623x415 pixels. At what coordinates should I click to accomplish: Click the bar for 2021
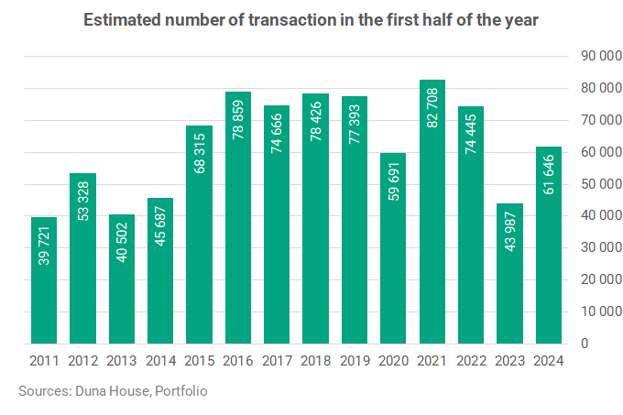(x=432, y=212)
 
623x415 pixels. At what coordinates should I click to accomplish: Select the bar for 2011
(x=44, y=280)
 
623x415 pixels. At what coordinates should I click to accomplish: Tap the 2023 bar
(x=509, y=274)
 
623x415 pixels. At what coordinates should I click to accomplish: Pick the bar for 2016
(x=238, y=218)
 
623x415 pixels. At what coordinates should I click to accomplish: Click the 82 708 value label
(x=432, y=108)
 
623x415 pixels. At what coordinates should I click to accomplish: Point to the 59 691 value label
(x=393, y=181)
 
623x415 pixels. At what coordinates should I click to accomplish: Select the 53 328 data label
(x=83, y=201)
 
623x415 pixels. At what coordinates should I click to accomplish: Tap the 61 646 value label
(x=549, y=175)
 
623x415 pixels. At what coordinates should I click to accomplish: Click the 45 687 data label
(x=160, y=226)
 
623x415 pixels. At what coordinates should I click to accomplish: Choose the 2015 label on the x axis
(x=200, y=361)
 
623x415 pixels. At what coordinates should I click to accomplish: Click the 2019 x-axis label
(x=355, y=361)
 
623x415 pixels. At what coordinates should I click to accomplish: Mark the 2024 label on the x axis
(x=549, y=361)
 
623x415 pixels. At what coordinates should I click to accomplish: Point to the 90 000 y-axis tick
(x=602, y=56)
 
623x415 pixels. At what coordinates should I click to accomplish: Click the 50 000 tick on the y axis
(x=602, y=184)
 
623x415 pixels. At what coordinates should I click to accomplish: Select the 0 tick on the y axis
(x=585, y=344)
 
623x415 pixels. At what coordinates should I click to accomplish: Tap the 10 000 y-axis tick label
(x=602, y=311)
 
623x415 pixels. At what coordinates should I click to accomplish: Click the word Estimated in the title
(x=122, y=20)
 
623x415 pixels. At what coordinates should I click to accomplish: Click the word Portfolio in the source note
(x=181, y=391)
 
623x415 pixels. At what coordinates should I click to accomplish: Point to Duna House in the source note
(x=113, y=391)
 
